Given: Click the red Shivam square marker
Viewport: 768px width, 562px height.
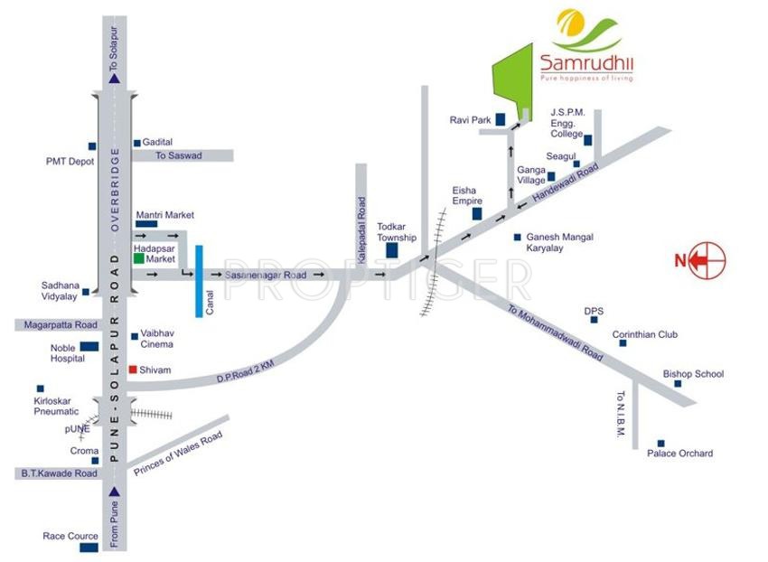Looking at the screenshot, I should click(x=133, y=370).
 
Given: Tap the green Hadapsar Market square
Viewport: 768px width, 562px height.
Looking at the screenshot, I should click(x=138, y=258).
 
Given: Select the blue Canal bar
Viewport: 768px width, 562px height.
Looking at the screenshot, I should click(x=199, y=280).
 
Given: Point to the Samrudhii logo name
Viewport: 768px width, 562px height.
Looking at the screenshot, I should click(x=586, y=64).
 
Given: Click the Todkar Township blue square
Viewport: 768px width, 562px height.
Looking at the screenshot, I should click(x=392, y=250).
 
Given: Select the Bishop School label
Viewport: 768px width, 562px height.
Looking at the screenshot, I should click(x=693, y=374).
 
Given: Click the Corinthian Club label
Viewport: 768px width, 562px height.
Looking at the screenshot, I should click(x=644, y=334).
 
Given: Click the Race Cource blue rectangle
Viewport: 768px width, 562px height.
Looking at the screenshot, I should click(x=89, y=548).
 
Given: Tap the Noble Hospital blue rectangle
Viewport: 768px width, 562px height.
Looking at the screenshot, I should click(x=89, y=346).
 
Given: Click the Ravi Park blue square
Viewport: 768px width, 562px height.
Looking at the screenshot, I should click(x=499, y=118).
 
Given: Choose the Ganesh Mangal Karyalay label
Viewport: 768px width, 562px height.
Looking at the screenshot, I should click(x=559, y=242).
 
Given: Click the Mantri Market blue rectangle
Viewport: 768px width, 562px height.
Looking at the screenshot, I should click(x=146, y=223).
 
